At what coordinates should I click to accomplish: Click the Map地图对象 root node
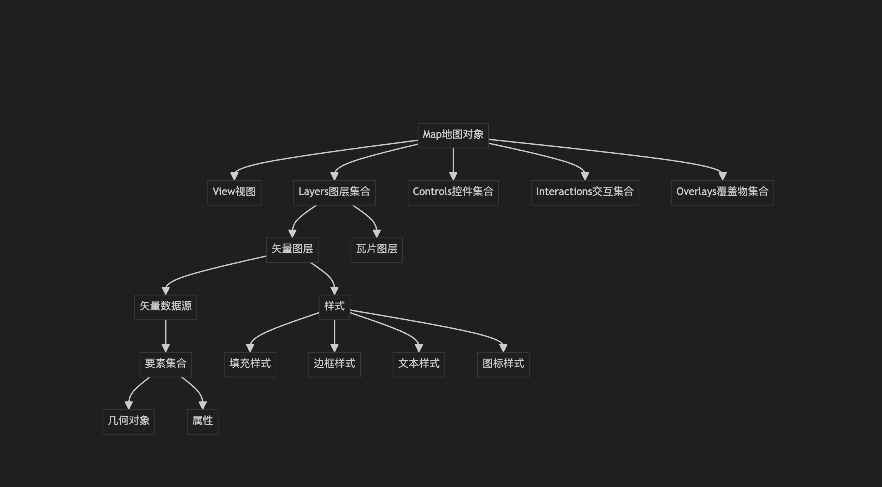tap(453, 135)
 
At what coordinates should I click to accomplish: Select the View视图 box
tap(234, 192)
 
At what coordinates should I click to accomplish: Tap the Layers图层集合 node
tap(334, 192)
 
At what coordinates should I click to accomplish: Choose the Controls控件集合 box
tap(453, 192)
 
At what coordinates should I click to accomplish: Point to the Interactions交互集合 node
tap(585, 192)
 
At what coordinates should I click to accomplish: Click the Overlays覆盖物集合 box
tap(722, 192)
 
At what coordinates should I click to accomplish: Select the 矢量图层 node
tap(292, 250)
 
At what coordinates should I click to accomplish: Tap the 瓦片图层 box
tap(377, 250)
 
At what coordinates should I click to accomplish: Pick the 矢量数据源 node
tap(165, 307)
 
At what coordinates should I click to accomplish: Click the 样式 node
tap(334, 307)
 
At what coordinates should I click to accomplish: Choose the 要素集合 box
tap(165, 364)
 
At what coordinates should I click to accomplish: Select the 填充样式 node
tap(250, 364)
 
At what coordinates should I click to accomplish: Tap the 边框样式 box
tap(334, 364)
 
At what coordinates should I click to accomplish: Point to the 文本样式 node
tap(419, 364)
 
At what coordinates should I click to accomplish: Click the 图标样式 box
tap(503, 364)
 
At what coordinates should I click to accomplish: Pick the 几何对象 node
tap(129, 421)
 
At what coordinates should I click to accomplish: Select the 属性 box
tap(203, 421)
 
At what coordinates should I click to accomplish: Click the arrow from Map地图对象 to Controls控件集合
tap(453, 163)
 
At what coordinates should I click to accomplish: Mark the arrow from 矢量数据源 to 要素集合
tap(165, 335)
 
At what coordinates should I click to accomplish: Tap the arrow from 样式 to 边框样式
tap(334, 335)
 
